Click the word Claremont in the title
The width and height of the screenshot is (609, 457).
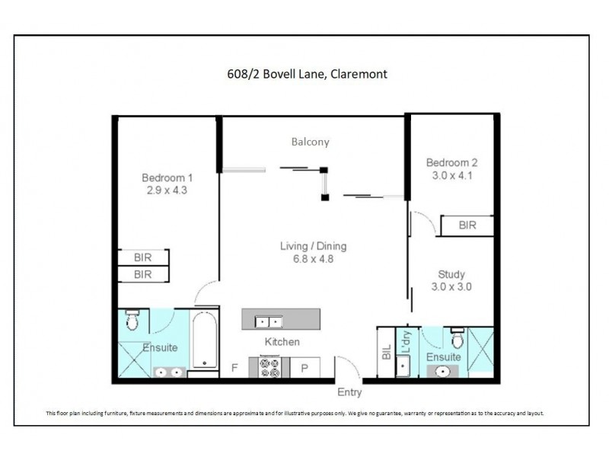(362, 75)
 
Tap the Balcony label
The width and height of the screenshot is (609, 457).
(310, 142)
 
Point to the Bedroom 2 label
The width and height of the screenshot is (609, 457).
(451, 162)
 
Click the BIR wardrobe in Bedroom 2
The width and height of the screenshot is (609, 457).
(468, 225)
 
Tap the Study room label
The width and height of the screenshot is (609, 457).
(451, 274)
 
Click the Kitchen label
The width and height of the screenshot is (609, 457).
(282, 342)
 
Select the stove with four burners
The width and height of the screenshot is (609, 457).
(270, 367)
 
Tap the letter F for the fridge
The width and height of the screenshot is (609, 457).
(234, 368)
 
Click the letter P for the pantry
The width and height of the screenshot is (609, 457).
(304, 368)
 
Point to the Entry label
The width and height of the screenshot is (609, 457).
(349, 393)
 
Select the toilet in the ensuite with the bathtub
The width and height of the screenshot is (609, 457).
(132, 321)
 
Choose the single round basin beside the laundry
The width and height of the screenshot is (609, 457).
(442, 372)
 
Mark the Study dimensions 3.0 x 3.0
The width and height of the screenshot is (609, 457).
(451, 288)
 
